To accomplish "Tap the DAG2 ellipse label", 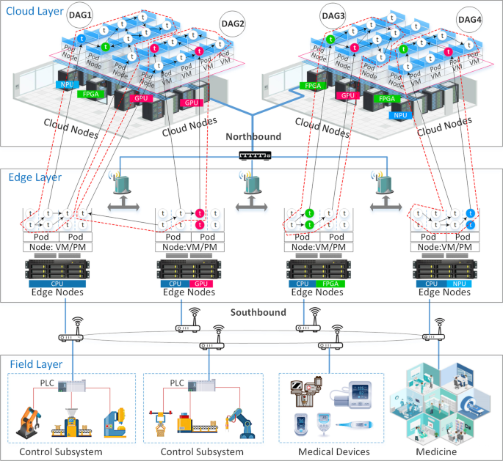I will tap(233, 23).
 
